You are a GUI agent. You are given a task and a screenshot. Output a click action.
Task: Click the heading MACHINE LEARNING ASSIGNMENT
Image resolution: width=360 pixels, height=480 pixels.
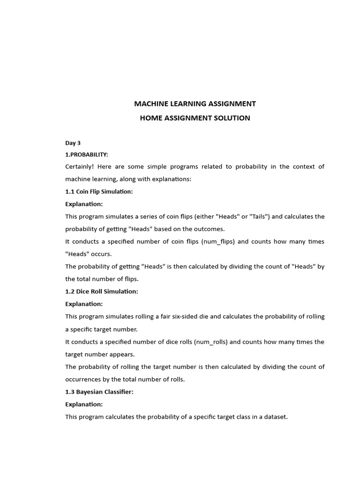click(x=195, y=104)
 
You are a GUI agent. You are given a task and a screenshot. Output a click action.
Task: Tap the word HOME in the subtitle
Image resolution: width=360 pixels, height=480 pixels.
click(x=150, y=118)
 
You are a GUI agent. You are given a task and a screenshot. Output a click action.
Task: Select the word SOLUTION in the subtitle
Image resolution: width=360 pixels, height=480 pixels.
click(x=232, y=118)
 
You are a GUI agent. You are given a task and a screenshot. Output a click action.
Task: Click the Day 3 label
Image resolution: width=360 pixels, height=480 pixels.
click(x=73, y=143)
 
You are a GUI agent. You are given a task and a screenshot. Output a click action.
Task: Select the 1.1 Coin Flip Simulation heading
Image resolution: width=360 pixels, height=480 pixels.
click(x=99, y=191)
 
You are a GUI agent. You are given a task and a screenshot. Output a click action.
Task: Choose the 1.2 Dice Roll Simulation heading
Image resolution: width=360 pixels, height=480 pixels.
click(x=101, y=292)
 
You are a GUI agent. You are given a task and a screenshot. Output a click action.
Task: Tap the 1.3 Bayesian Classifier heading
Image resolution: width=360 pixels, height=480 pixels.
click(x=99, y=392)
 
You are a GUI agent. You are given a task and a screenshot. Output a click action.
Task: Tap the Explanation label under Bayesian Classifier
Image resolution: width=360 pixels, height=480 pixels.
click(x=83, y=404)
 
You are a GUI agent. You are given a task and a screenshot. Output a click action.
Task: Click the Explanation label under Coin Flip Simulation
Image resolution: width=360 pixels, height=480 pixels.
click(x=83, y=204)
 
